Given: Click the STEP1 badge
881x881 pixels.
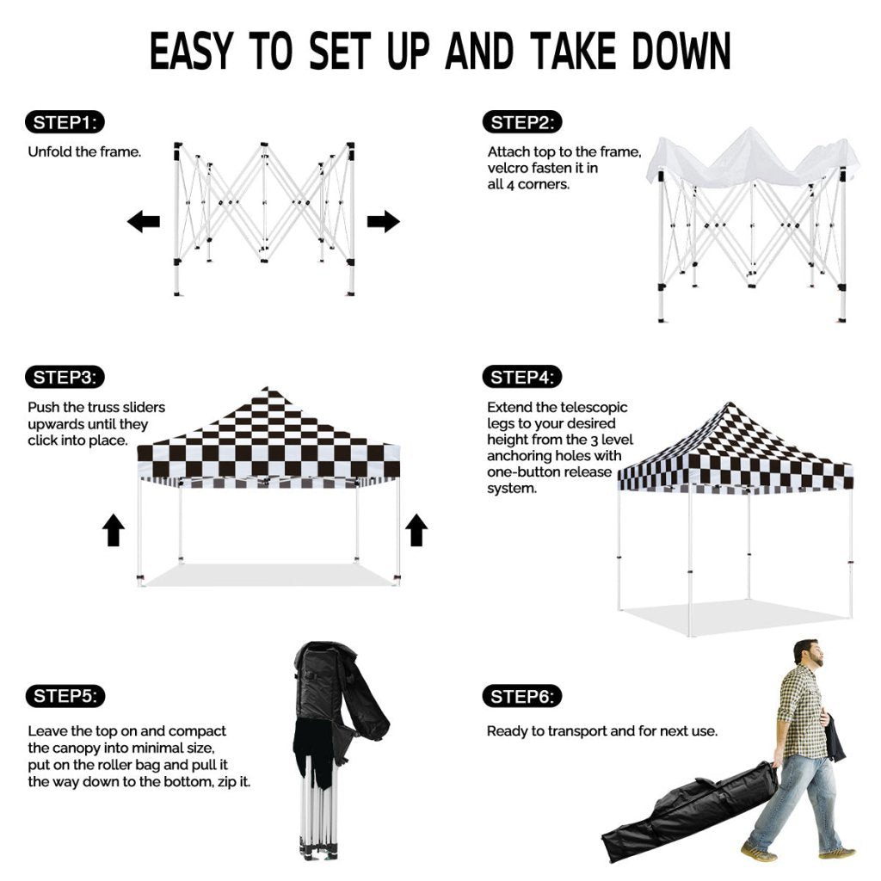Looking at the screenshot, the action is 65,122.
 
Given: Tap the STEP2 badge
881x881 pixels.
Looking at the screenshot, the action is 522,122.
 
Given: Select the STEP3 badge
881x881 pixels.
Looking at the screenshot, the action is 65,377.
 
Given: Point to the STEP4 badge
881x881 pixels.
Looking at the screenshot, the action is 522,377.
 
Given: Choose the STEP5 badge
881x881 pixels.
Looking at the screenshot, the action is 65,696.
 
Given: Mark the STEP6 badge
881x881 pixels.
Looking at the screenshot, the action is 522,697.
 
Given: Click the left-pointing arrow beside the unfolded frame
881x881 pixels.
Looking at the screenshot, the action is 144,221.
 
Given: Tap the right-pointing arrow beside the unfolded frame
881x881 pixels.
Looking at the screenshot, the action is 384,221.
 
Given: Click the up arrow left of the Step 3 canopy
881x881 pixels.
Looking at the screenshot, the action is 114,530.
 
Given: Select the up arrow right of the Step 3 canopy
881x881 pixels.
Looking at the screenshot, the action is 416,530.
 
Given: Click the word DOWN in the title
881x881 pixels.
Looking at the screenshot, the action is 681,51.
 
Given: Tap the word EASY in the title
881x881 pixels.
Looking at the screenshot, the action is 191,51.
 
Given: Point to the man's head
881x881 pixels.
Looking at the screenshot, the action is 809,653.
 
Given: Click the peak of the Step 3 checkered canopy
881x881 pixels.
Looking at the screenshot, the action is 268,388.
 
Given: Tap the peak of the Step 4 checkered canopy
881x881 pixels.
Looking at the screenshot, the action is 730,404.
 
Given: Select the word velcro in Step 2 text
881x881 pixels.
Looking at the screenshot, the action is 508,168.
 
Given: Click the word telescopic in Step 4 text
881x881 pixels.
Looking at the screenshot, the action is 594,407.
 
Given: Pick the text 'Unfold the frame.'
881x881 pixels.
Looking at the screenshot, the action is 84,151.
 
